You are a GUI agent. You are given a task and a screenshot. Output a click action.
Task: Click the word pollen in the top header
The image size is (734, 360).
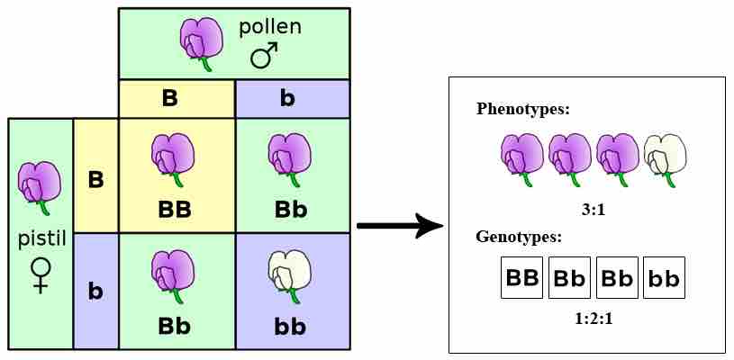[269, 27]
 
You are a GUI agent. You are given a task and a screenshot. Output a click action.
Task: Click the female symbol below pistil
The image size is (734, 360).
[41, 274]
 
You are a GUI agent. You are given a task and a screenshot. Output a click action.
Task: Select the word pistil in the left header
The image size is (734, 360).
[41, 240]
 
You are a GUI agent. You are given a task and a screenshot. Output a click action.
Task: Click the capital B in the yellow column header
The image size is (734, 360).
[170, 98]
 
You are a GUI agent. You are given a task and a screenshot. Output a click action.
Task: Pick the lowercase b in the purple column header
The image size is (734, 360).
[288, 98]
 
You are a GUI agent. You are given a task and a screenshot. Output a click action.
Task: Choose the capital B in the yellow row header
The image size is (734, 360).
[95, 179]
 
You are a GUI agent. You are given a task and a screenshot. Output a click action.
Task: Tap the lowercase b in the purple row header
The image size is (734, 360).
[95, 291]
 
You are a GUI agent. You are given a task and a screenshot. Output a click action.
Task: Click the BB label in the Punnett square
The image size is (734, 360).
[176, 210]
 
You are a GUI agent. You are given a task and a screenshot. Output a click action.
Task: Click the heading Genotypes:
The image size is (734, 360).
[519, 238]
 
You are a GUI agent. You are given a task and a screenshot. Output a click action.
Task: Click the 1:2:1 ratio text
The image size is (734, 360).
[593, 318]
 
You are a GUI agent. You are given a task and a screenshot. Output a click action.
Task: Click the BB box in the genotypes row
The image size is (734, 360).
[521, 277]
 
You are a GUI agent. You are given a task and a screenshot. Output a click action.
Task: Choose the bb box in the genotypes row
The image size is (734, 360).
[664, 277]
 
